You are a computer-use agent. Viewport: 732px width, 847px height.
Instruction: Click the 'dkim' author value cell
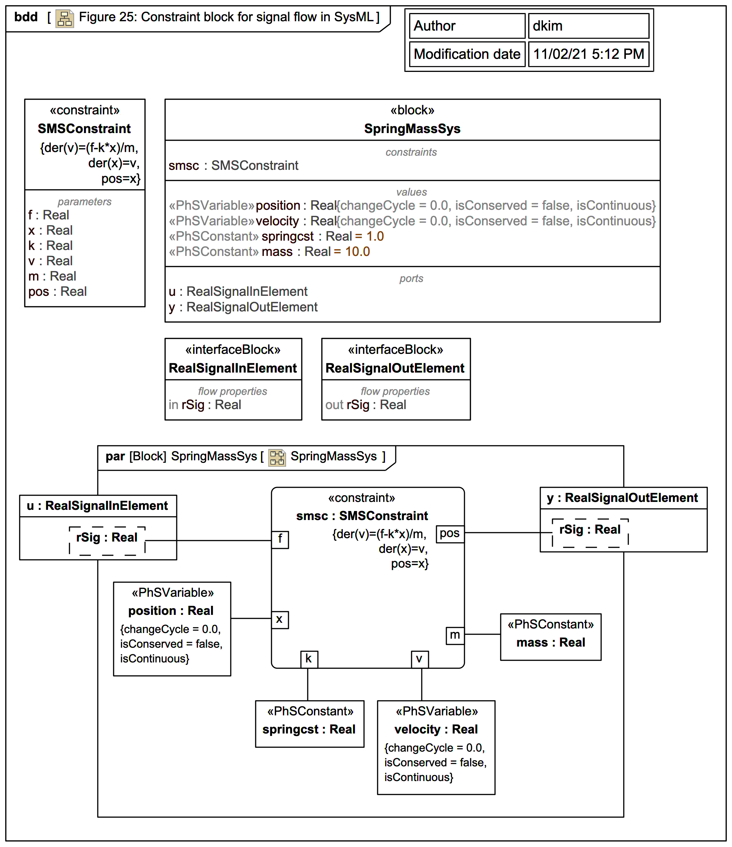[588, 26]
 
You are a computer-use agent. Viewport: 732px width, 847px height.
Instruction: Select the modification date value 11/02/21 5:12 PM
[588, 54]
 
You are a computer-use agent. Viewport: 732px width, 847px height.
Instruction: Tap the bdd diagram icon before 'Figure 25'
[65, 18]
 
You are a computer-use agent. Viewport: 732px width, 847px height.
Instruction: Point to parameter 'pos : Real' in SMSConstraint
[57, 292]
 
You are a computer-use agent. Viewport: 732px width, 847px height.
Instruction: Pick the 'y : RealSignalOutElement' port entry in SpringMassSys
[243, 307]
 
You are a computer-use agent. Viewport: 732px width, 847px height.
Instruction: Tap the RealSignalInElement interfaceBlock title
[233, 368]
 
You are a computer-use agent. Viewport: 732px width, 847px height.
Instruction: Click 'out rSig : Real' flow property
[366, 405]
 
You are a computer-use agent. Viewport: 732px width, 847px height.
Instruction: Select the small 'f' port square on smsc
[280, 539]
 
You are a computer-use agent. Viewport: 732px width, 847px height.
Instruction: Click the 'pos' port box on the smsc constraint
[450, 533]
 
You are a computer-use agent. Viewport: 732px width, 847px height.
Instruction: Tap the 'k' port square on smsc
[309, 659]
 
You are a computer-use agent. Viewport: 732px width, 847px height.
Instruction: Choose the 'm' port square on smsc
[455, 635]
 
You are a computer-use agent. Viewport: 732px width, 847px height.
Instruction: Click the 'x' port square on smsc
[280, 619]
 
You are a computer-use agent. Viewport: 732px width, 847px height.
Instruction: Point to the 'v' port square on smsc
[420, 659]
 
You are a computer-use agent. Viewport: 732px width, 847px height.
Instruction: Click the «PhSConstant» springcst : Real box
[309, 724]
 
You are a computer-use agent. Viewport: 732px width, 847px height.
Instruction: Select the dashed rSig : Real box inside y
[590, 533]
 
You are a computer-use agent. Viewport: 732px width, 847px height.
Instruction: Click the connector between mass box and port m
[482, 634]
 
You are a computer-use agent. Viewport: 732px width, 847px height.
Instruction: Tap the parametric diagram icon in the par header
[277, 457]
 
